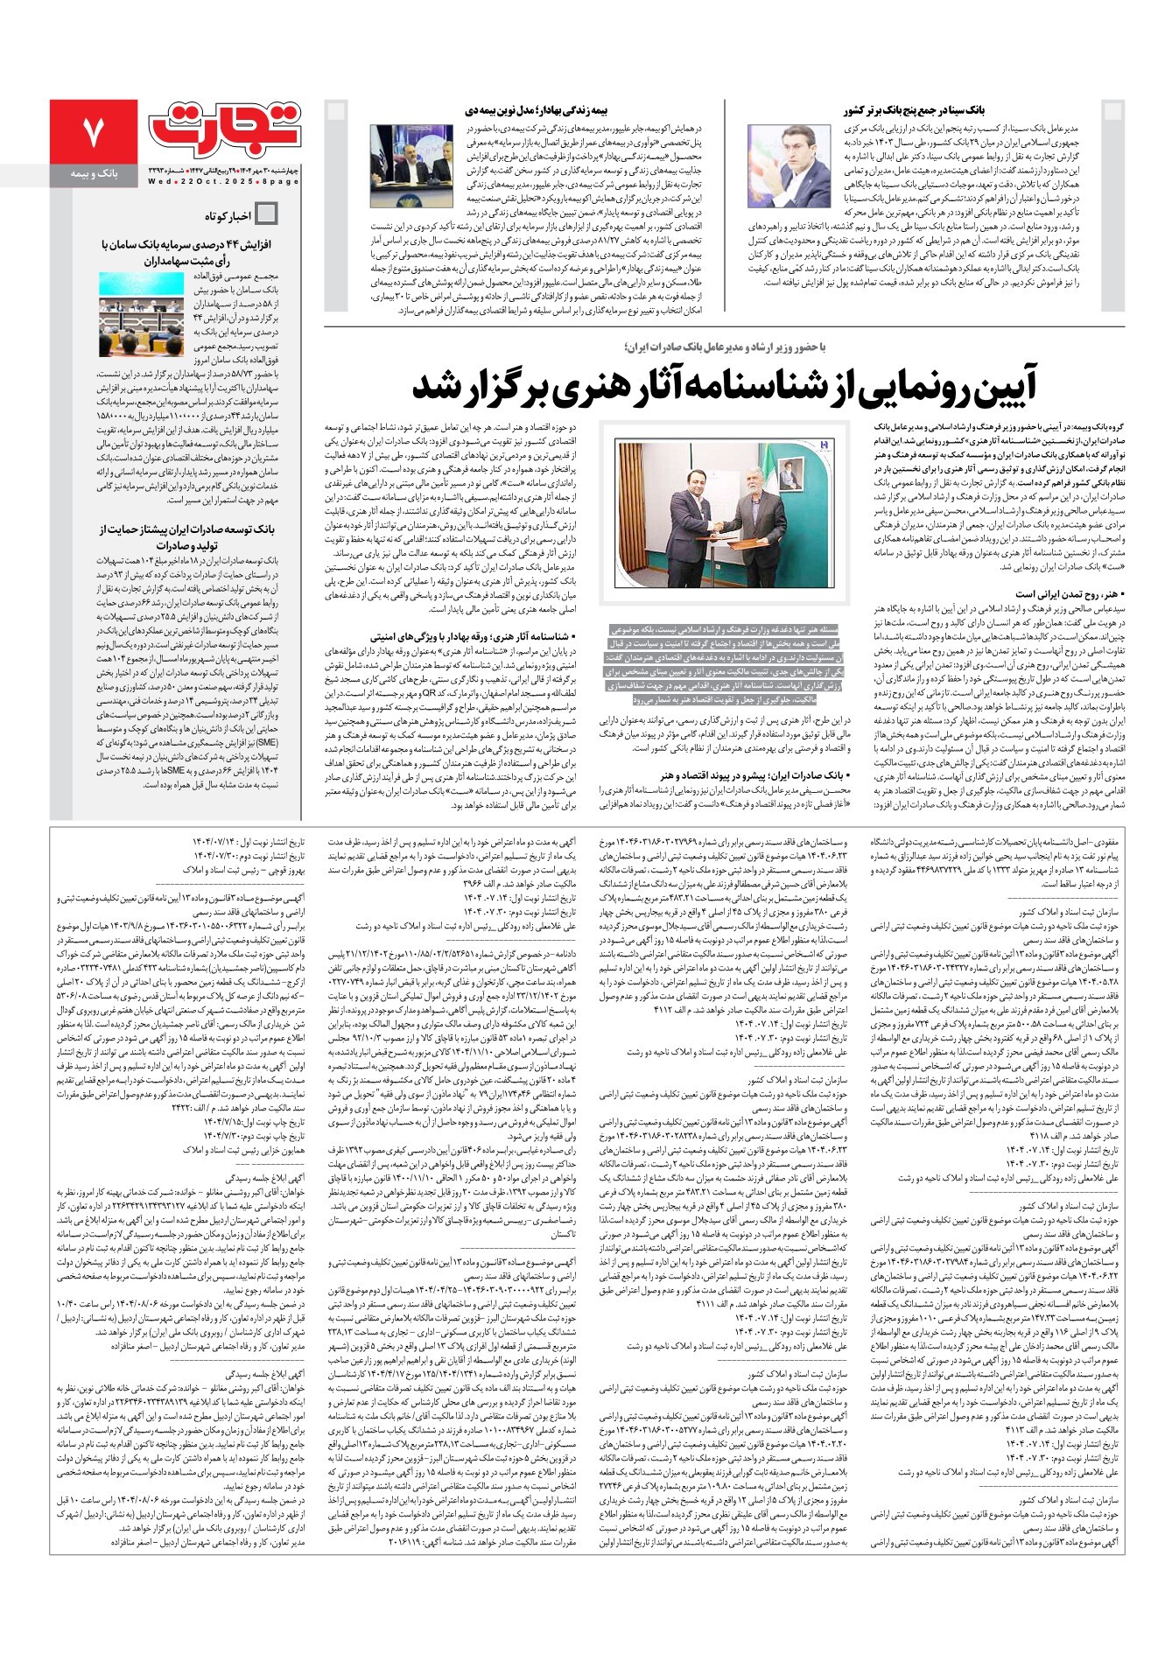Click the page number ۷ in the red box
(93, 131)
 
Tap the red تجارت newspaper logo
(225, 128)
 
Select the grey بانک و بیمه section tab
(93, 175)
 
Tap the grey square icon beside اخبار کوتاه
(266, 214)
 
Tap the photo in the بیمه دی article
(411, 165)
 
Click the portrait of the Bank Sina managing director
(790, 165)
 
